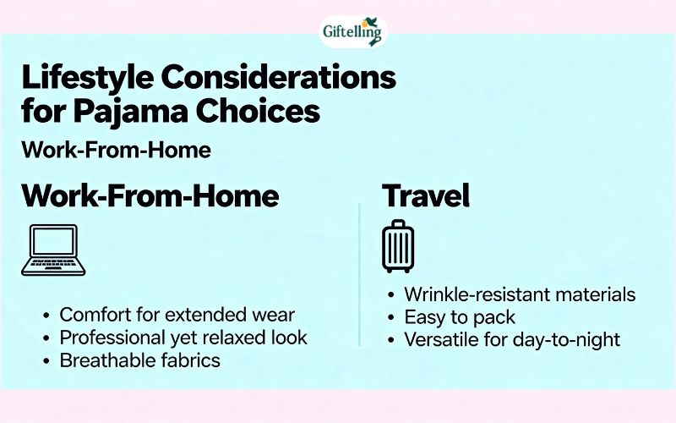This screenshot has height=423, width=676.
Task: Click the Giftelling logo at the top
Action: (352, 32)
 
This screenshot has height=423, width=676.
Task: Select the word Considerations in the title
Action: (278, 78)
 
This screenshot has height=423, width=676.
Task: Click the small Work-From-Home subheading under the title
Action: (116, 150)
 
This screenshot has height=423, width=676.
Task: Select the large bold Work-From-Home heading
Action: (150, 196)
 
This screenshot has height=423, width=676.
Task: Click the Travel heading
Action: (426, 196)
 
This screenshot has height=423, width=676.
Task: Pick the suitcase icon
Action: (396, 246)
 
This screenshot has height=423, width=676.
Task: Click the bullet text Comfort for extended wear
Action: (177, 315)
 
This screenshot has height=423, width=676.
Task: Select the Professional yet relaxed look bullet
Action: (183, 338)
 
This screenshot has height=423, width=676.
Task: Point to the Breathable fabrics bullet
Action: (139, 360)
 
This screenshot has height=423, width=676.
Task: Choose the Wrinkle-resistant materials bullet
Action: (519, 295)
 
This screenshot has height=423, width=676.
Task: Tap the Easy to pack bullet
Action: (459, 318)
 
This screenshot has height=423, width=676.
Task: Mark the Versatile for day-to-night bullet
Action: (512, 340)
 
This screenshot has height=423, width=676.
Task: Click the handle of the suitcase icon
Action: (396, 224)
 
